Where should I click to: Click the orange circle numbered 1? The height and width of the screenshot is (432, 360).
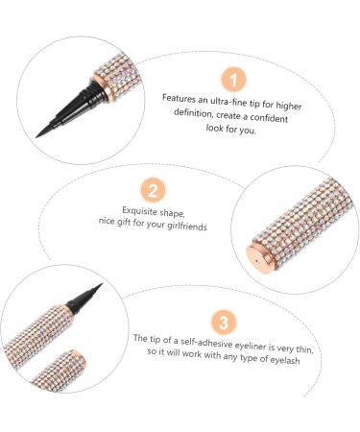(233, 80)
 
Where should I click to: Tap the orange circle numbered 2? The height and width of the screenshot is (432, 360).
(153, 190)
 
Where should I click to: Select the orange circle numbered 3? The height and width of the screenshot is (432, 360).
(224, 322)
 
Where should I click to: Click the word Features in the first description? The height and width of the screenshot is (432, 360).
(179, 98)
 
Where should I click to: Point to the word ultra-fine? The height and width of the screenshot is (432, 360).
(228, 102)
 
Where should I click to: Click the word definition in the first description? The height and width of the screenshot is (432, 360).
(193, 113)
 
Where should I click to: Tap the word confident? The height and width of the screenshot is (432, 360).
(269, 118)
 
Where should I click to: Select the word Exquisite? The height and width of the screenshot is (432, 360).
(139, 210)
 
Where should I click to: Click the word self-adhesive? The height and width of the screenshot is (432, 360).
(206, 343)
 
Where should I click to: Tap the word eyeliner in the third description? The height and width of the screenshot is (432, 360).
(251, 346)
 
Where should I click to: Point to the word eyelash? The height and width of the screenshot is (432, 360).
(285, 360)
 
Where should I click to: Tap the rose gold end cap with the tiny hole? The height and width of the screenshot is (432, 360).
(258, 256)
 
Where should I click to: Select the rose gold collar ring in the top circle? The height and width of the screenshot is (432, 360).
(104, 86)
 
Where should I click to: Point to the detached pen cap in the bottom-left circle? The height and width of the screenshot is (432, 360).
(59, 371)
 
